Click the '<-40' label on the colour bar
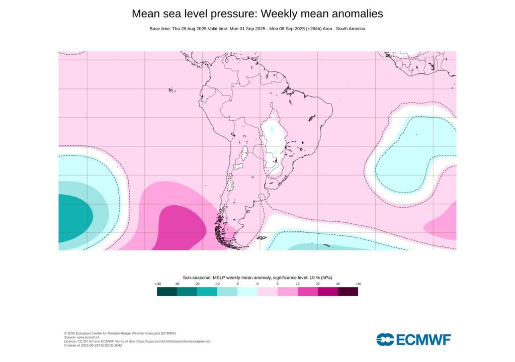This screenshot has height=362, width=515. click(x=157, y=284)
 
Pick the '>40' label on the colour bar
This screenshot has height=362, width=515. click(x=358, y=284)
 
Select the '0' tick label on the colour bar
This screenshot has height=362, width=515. click(x=257, y=284)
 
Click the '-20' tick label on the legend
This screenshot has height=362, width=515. click(x=197, y=284)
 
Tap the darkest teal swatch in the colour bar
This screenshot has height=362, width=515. click(x=167, y=292)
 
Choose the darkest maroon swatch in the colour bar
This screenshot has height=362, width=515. click(x=348, y=292)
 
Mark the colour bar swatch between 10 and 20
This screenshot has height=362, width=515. click(x=308, y=292)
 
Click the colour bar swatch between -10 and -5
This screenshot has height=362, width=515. click(x=227, y=292)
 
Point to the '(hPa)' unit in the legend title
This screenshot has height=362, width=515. click(x=326, y=278)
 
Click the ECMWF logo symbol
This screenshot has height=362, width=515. click(x=385, y=339)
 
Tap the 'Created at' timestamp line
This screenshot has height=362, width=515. click(x=93, y=345)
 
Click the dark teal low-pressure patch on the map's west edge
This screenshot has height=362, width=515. click(x=73, y=217)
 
